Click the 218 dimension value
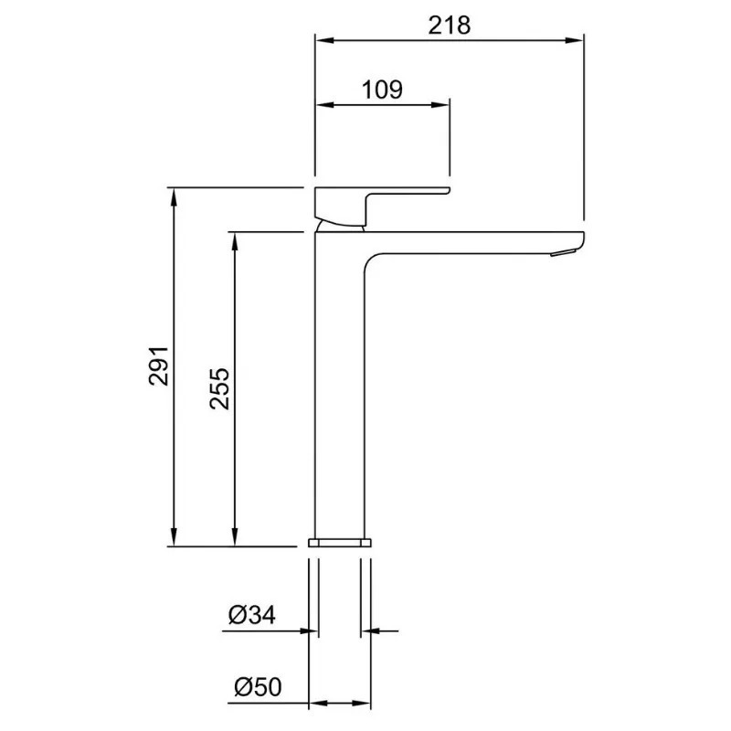(450, 25)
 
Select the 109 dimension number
(382, 89)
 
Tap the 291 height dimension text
(159, 365)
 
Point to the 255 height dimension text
(219, 389)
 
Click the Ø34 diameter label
(252, 614)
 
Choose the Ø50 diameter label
(258, 687)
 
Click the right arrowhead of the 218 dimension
(574, 40)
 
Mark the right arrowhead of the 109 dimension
(440, 104)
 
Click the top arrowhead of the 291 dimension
(174, 196)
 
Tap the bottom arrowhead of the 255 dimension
(235, 536)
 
